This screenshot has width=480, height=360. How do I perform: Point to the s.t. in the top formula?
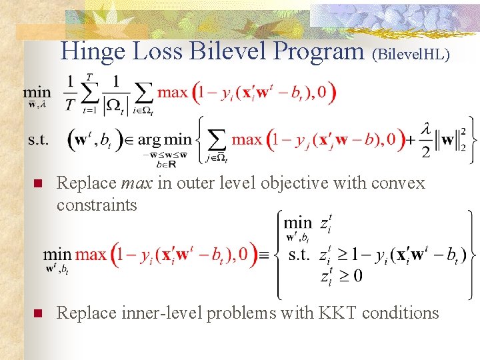tap(39, 140)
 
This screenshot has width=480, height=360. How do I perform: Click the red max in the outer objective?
tap(172, 92)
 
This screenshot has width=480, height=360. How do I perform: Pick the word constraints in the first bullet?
tap(97, 205)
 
